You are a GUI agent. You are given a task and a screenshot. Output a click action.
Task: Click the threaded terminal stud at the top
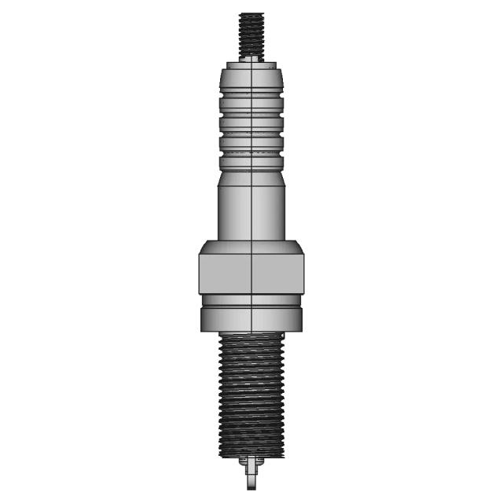251,35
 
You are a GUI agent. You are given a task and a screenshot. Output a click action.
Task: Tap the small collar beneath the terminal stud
251,58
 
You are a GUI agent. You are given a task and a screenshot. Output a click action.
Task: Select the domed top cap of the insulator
251,76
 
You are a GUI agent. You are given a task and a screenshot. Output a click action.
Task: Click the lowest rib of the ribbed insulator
251,160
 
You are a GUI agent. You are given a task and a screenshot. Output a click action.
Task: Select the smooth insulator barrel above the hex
251,212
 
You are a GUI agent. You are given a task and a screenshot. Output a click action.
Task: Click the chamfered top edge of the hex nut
251,246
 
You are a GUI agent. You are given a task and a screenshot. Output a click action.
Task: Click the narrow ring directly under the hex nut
251,299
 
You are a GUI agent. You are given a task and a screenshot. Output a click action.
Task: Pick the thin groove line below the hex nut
251,306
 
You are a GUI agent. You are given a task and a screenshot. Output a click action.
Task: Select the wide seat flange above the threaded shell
251,318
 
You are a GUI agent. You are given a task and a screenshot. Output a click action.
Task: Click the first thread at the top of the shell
251,337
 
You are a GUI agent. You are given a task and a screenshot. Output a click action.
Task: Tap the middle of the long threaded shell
251,393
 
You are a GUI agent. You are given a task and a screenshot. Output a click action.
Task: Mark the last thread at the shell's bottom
251,453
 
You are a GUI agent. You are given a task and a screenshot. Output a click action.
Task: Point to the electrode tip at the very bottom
251,481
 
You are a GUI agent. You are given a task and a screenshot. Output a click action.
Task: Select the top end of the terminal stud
251,14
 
